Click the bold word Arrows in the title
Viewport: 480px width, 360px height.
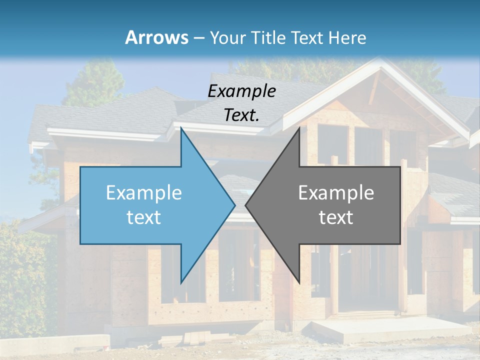coord(156,37)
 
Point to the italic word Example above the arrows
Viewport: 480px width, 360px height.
coord(241,91)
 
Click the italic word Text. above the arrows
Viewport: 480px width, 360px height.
coord(241,115)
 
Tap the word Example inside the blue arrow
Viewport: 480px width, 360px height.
coord(143,192)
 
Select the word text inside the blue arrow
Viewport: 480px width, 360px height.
coord(143,217)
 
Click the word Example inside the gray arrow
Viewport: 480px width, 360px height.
coord(336,192)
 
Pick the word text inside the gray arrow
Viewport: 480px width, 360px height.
coord(336,217)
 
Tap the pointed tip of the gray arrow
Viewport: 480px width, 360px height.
coord(246,205)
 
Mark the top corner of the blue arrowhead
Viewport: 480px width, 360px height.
coord(181,128)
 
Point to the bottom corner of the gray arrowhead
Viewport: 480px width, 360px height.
coord(299,281)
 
